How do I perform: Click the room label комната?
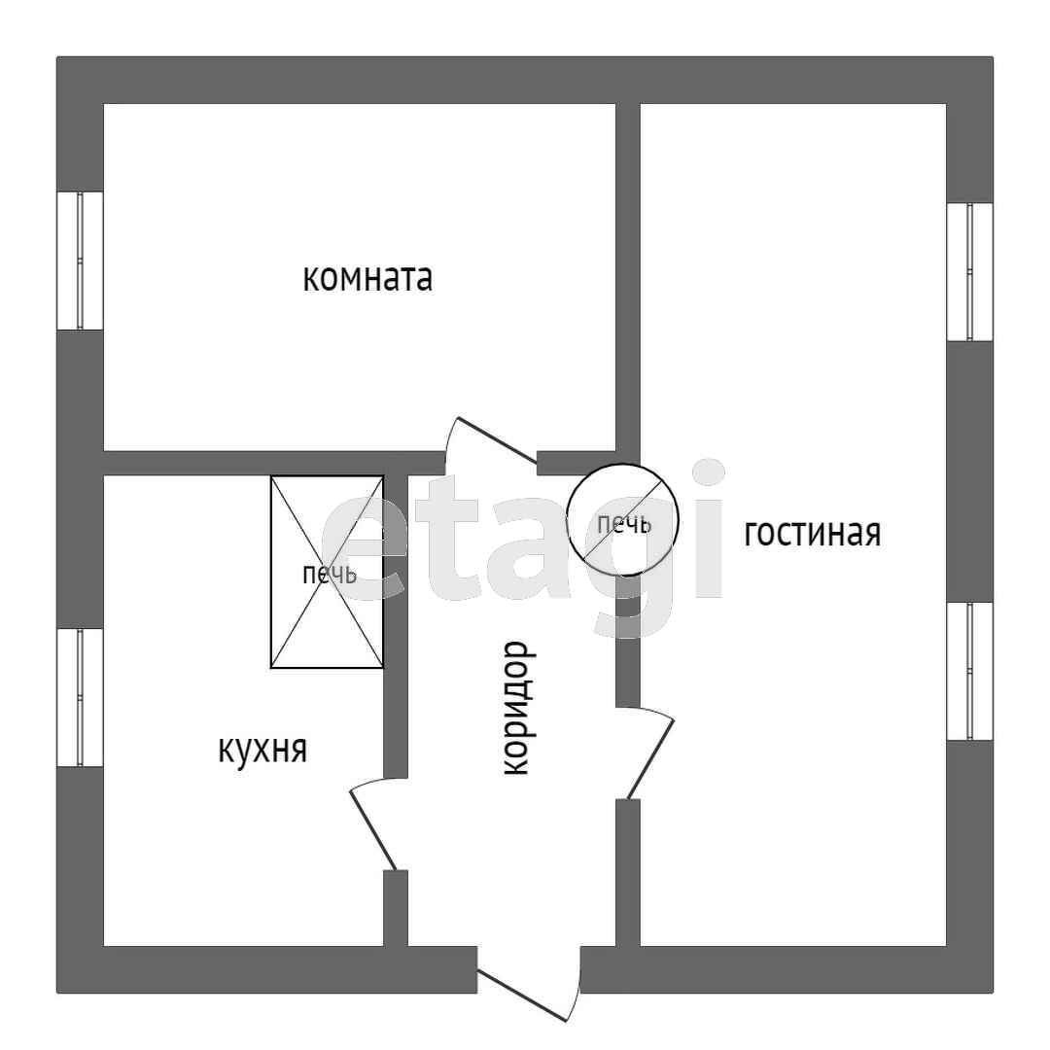pos(367,279)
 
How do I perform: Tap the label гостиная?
pos(812,533)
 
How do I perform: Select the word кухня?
pos(262,750)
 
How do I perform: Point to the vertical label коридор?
pos(515,708)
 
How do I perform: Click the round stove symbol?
pos(622,519)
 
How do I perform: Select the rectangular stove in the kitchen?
pos(327,572)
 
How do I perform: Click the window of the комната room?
pos(80,261)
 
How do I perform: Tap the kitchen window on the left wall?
pos(80,697)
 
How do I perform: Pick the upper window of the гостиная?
pos(969,272)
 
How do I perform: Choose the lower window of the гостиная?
pos(969,671)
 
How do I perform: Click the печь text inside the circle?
pos(623,525)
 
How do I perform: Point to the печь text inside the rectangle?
pos(329,575)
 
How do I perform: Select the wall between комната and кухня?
pos(262,463)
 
